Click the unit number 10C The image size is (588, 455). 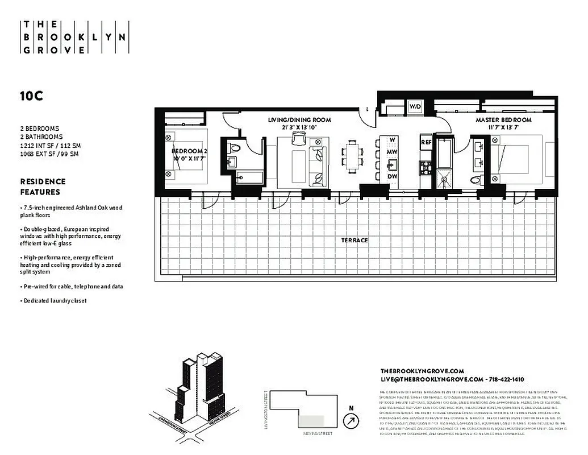[32, 96]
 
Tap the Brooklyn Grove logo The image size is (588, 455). [74, 37]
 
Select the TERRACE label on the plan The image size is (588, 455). [355, 240]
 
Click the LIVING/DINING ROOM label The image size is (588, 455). [299, 120]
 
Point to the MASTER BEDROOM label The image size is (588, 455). [503, 120]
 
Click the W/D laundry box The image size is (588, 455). [415, 106]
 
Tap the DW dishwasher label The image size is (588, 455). [392, 176]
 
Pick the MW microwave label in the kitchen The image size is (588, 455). [392, 152]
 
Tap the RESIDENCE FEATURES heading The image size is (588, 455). [43, 187]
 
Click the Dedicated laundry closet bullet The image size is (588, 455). [53, 300]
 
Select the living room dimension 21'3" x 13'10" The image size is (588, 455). [299, 128]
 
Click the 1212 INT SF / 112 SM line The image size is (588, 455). [50, 146]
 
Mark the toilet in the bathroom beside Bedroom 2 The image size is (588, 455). [235, 148]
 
